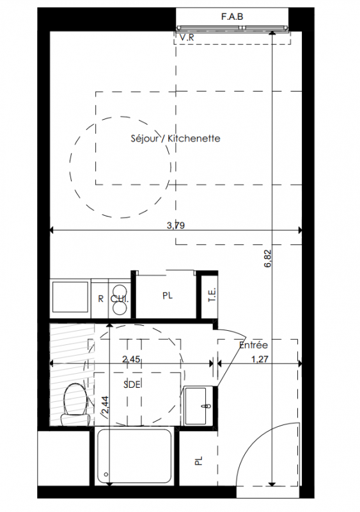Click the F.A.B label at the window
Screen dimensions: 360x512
tap(232, 17)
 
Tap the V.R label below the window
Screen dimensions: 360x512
tap(187, 38)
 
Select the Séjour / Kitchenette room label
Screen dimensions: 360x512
tap(176, 138)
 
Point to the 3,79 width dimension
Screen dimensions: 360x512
tap(176, 225)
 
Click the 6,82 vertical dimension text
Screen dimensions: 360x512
tap(268, 259)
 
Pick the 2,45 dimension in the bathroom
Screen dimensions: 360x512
tap(131, 359)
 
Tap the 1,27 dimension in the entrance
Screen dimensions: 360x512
tap(260, 359)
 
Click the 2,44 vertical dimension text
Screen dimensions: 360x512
tap(106, 408)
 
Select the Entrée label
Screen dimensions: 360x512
tap(253, 345)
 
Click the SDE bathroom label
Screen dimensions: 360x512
tap(132, 385)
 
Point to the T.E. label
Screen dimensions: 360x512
tap(212, 295)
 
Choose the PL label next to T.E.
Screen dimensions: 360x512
tap(168, 296)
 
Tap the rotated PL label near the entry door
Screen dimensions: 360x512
tap(198, 461)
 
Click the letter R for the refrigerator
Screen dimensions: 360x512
tap(101, 299)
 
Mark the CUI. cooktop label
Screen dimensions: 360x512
tap(120, 299)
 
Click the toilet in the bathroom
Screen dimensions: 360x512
tap(75, 404)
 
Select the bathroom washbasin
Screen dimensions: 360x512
tap(196, 406)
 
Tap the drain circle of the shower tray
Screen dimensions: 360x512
tap(106, 474)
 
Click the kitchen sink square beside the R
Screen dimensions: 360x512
tap(70, 297)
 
